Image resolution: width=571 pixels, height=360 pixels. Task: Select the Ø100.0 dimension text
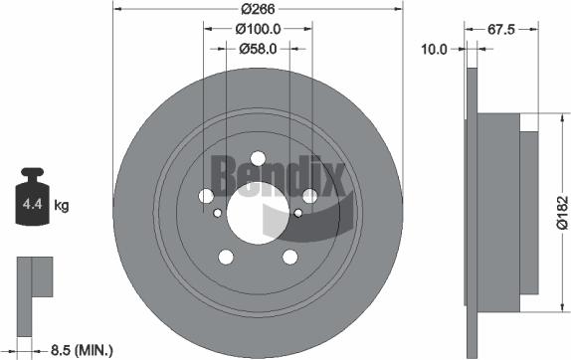(x=258, y=29)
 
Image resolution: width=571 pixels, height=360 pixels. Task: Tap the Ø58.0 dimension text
(x=257, y=47)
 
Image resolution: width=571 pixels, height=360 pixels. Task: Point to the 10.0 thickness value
(x=434, y=47)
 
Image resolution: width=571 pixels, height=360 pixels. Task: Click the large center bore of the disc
(x=258, y=211)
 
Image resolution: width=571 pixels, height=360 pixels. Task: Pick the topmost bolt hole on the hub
(x=258, y=158)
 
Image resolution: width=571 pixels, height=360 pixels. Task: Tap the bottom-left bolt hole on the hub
(x=226, y=257)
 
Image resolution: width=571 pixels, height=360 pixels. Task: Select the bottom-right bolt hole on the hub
(x=289, y=257)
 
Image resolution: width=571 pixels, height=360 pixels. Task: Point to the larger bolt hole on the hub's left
(x=207, y=196)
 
